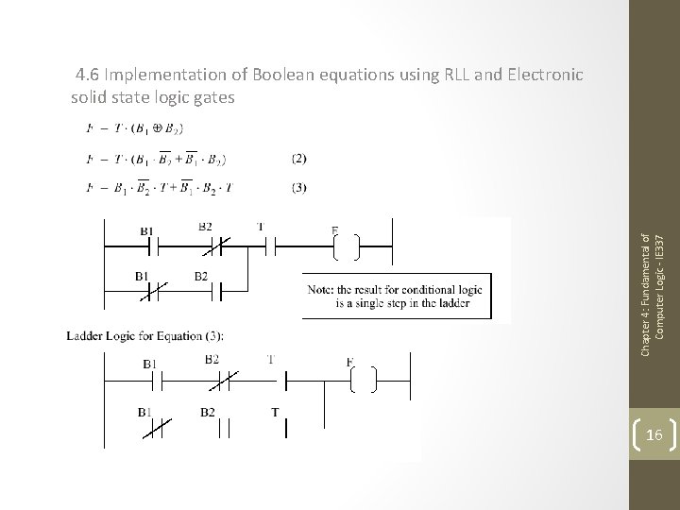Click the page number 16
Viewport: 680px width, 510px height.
point(655,433)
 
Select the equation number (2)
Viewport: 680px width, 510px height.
point(299,158)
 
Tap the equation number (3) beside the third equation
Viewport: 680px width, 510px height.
point(299,187)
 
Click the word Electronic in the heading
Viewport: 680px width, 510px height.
point(538,73)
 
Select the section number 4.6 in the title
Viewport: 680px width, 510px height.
point(90,73)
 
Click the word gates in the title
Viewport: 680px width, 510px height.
point(212,96)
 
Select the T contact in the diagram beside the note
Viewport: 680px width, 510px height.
point(262,247)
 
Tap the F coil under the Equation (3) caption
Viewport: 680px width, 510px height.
point(362,380)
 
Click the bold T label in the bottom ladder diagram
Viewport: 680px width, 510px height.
point(275,412)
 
